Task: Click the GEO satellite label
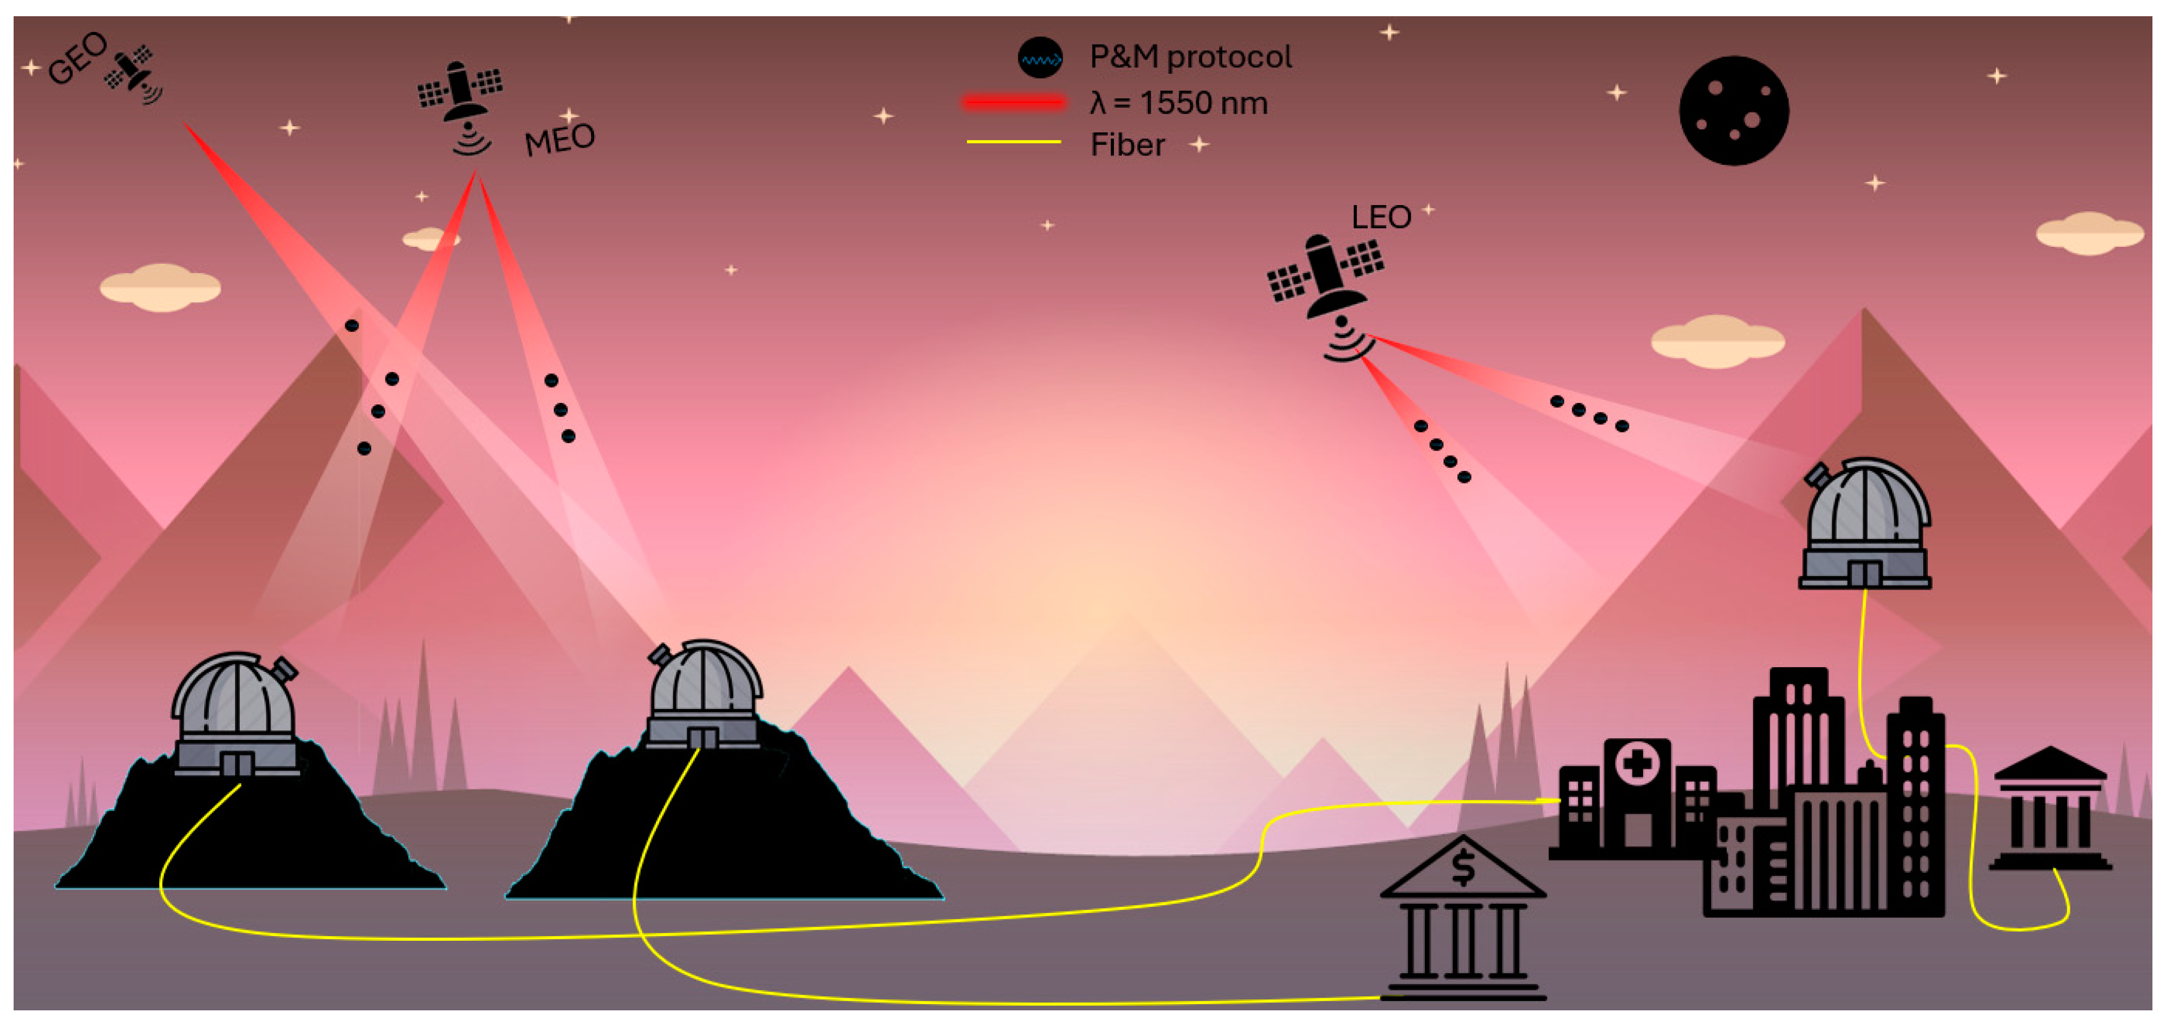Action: click(x=77, y=58)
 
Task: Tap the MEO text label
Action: click(x=560, y=140)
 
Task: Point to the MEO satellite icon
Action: click(x=461, y=97)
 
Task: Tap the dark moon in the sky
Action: click(x=1733, y=111)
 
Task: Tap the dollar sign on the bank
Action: click(x=1463, y=868)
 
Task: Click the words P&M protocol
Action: click(x=1190, y=57)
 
